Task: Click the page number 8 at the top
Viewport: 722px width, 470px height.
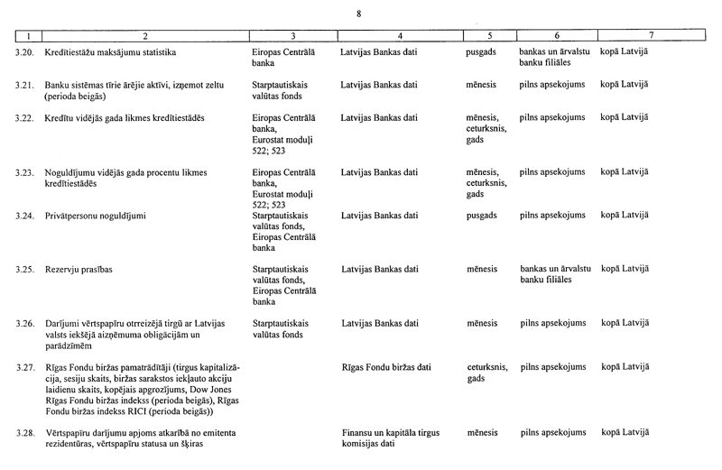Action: tap(359, 13)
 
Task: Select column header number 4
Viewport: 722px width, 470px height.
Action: tap(398, 36)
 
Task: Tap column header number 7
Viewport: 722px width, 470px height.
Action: tap(651, 36)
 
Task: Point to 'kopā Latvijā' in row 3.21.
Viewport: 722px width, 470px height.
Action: tap(625, 85)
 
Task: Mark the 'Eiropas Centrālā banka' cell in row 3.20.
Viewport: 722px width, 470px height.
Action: tap(282, 59)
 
